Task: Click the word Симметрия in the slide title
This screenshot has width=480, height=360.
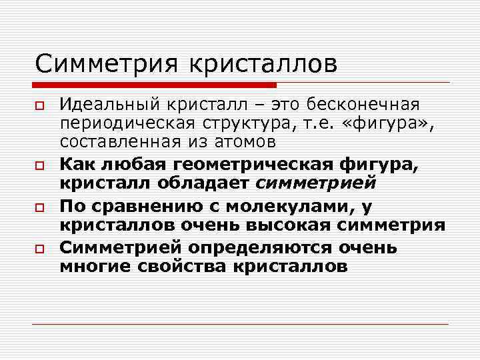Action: (x=107, y=64)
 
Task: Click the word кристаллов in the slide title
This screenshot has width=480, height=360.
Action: (x=264, y=64)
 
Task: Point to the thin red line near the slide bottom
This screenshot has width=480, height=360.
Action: (x=240, y=324)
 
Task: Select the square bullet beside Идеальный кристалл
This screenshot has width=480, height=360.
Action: (x=41, y=106)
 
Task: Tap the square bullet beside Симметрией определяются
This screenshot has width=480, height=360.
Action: (x=41, y=248)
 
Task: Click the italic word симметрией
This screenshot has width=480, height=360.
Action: (x=316, y=183)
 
